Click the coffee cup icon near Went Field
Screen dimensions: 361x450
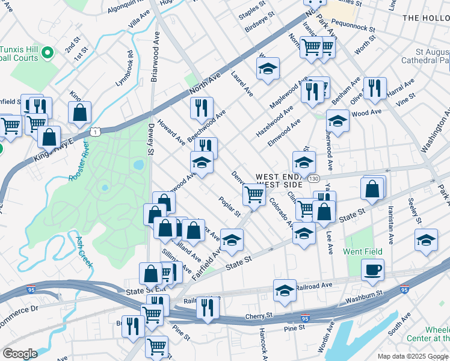372,270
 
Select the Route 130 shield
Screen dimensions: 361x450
313,179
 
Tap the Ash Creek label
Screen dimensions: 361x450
83,252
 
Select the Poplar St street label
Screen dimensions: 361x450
230,206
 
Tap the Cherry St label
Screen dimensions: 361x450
259,316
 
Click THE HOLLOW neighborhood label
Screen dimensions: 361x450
425,18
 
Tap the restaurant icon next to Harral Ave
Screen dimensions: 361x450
375,88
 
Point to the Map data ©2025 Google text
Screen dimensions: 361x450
412,356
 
